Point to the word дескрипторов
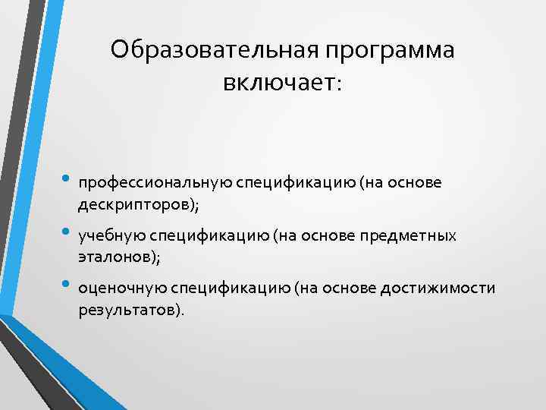tap(134, 204)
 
